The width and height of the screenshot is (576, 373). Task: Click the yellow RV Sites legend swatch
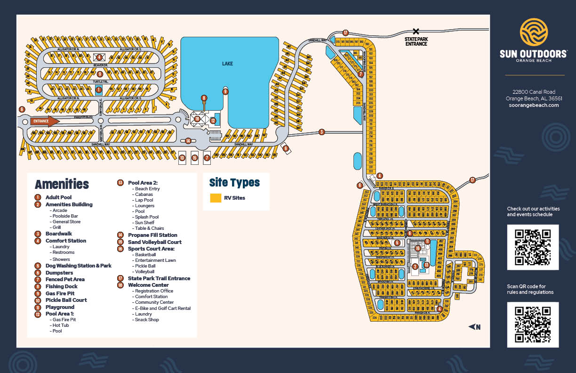coord(216,198)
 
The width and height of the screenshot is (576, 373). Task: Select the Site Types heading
coord(234,182)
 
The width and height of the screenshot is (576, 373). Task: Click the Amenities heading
coord(62,184)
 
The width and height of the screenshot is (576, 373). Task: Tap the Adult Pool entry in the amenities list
coord(58,197)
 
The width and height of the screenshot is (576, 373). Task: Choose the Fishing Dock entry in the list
coord(61,286)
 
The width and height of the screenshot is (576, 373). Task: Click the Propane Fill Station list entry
coord(152,235)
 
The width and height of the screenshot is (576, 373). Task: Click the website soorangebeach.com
coord(534,105)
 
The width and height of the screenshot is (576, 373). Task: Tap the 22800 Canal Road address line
coord(534,92)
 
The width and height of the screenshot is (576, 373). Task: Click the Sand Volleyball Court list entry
coord(154,242)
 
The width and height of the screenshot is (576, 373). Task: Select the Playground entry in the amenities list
coord(60,307)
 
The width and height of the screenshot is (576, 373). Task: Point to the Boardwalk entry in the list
coord(59,234)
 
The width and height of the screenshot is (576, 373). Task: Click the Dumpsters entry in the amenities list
coord(59,273)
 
